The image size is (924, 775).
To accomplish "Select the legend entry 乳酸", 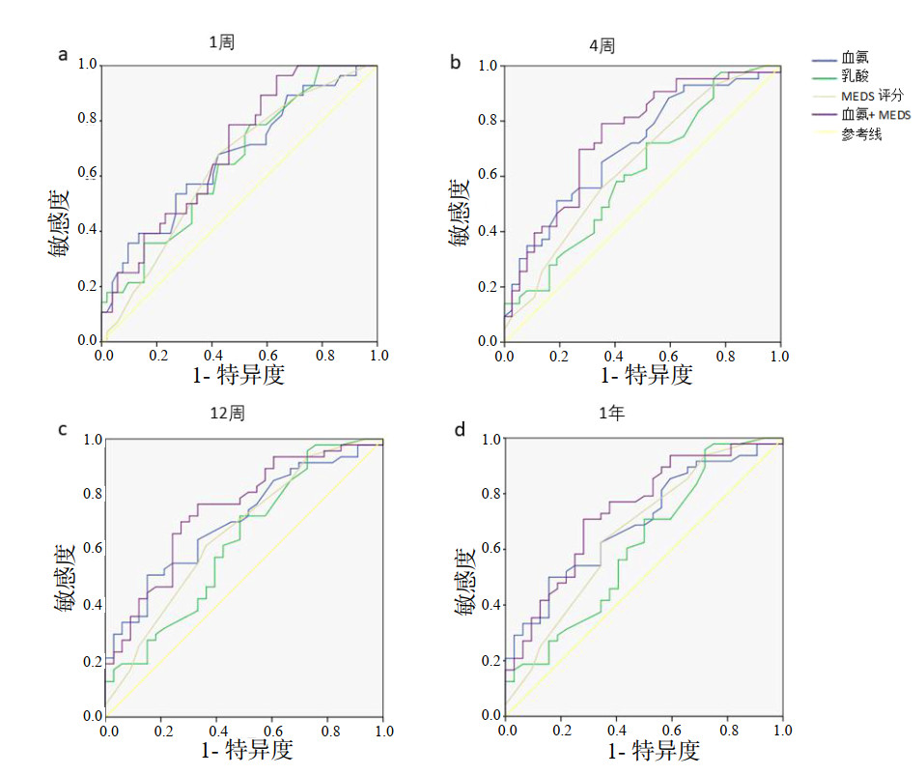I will (x=855, y=76).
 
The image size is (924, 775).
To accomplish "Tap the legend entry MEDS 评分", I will (x=872, y=96).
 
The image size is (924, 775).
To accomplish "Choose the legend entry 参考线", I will (x=861, y=134).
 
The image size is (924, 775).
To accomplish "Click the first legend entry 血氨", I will (x=855, y=58).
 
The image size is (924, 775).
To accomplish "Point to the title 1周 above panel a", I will (x=222, y=43).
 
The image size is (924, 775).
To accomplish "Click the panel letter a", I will (x=64, y=55).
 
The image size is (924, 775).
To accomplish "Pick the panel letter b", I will (x=456, y=62).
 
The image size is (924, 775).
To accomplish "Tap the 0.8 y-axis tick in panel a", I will (x=88, y=120).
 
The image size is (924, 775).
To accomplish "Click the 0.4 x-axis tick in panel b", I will (x=613, y=356).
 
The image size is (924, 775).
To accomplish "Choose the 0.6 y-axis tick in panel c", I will (x=92, y=549).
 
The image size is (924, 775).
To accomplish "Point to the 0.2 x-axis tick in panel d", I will (x=561, y=729).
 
